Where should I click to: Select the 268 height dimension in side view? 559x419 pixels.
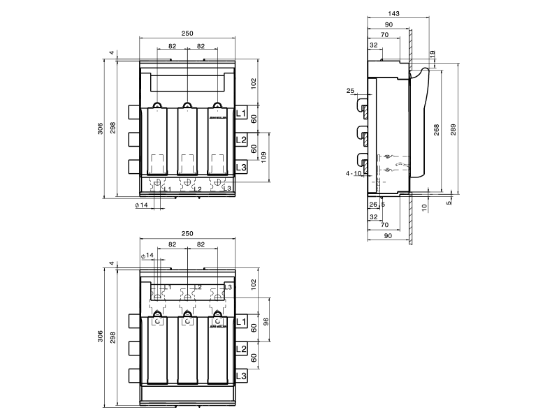pos(437,130)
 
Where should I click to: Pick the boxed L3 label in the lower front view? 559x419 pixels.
pos(241,376)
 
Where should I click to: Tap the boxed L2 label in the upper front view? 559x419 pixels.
pos(241,140)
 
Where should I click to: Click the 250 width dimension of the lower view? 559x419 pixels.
pos(187,233)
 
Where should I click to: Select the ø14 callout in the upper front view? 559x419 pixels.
pos(141,205)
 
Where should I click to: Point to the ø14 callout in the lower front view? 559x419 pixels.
pos(147,256)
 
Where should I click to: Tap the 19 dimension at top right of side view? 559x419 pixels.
pos(433,54)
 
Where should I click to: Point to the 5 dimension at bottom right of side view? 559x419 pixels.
pos(449,203)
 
